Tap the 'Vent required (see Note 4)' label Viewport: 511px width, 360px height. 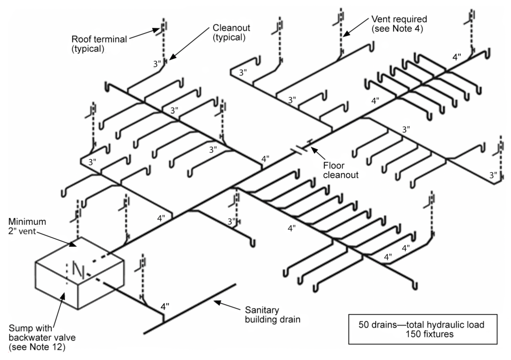399,23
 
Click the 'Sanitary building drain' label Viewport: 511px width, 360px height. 272,314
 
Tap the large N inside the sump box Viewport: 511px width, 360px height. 78,270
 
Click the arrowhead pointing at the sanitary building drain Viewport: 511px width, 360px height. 217,300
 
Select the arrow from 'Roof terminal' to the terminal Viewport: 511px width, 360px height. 146,34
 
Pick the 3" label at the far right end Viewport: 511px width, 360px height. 493,176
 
